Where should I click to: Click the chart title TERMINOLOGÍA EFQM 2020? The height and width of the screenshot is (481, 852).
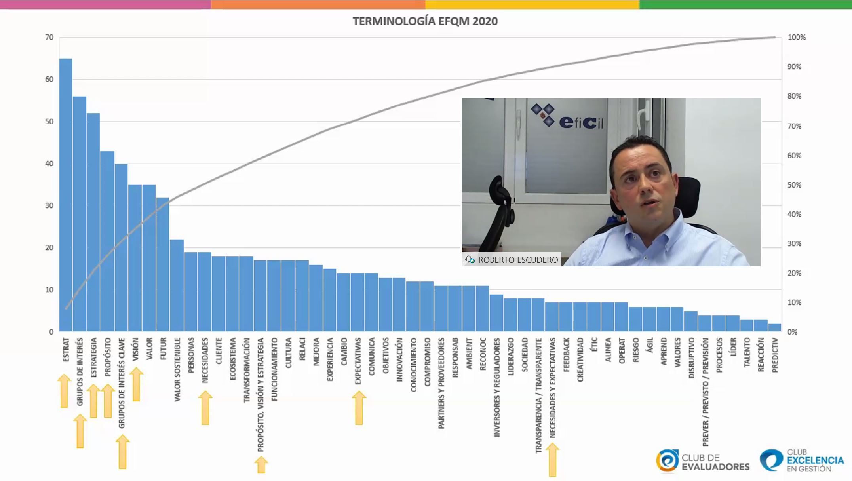coord(425,21)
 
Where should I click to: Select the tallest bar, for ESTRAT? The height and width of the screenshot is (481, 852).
coord(66,194)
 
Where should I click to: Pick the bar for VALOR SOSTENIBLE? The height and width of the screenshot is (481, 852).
coord(177,285)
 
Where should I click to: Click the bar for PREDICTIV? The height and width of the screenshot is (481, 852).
coord(774,327)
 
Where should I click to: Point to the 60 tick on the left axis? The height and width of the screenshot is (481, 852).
coord(49,79)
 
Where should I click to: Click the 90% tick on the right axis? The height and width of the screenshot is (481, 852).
coord(794,67)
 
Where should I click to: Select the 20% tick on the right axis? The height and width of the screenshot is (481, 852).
coord(794,273)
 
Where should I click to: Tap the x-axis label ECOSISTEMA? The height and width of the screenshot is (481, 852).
coord(233,359)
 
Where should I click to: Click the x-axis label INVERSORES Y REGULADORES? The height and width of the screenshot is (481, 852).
coord(497,387)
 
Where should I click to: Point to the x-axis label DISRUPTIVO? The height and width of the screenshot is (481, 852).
coord(691,357)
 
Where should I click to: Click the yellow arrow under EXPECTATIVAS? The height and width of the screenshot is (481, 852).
coord(359,408)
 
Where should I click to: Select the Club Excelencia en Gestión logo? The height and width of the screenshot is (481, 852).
coord(801,460)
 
